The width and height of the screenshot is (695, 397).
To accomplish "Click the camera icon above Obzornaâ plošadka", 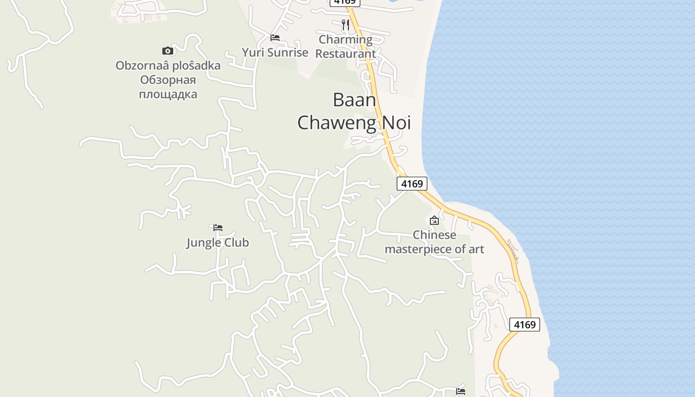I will [x=168, y=51].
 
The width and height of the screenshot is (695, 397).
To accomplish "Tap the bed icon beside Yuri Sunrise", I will [x=275, y=38].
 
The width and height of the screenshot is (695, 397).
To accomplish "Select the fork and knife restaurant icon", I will [x=346, y=25].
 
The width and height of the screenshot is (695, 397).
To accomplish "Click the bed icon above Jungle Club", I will [x=218, y=228].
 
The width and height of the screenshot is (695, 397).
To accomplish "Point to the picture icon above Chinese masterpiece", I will [x=434, y=220].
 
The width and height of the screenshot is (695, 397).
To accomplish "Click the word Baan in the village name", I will [x=354, y=100].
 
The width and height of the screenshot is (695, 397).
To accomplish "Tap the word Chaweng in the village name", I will [x=338, y=122].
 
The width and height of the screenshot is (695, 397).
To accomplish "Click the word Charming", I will [x=346, y=39].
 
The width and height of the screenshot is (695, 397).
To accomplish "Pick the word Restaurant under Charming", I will [x=346, y=54].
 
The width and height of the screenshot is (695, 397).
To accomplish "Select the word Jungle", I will [x=204, y=243].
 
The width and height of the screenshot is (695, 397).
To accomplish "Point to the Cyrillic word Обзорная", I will [x=168, y=80].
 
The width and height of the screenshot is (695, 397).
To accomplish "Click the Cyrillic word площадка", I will [x=168, y=94].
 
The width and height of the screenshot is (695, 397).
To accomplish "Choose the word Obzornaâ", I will [x=140, y=66].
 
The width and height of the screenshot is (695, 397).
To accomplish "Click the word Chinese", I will [x=434, y=235].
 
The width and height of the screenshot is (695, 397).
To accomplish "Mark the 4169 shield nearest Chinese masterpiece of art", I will [x=412, y=184].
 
